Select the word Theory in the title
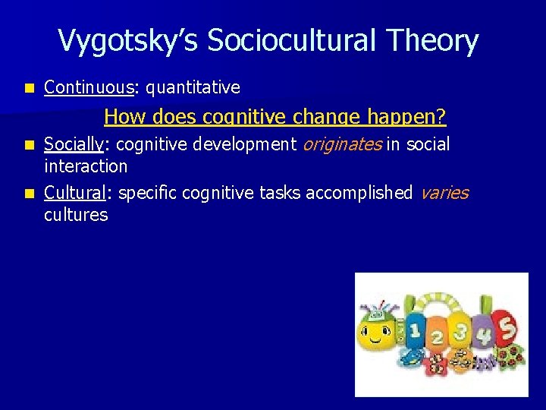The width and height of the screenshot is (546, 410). (x=439, y=41)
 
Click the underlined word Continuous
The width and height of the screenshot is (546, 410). (x=89, y=88)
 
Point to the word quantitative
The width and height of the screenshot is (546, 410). (x=193, y=88)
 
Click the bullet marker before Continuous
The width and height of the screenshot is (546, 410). (x=29, y=88)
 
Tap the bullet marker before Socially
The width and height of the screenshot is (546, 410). (x=29, y=144)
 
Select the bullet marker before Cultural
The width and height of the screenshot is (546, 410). (x=29, y=193)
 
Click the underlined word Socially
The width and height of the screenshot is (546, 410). (x=72, y=144)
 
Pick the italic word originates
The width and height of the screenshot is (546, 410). (x=342, y=144)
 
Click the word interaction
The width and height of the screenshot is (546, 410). (x=86, y=166)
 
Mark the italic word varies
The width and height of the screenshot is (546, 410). (x=444, y=193)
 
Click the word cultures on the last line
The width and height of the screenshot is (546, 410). (x=76, y=215)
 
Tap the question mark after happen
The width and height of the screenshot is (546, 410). (x=441, y=118)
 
